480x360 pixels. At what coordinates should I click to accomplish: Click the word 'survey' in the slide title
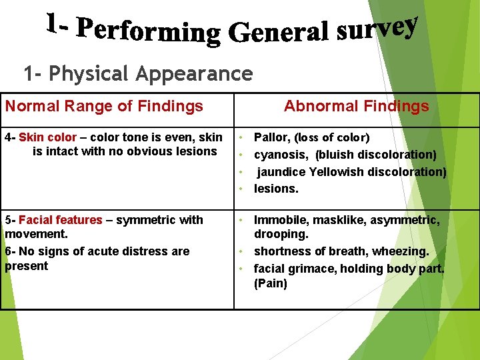point(377,29)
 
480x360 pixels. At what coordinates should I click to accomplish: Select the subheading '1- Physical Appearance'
point(138,73)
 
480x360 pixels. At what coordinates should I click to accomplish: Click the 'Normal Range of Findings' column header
point(104,106)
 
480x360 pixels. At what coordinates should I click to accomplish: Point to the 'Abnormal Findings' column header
point(356,106)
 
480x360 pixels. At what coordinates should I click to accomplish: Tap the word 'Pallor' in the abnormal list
point(271,137)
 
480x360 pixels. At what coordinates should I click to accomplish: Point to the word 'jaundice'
point(283,171)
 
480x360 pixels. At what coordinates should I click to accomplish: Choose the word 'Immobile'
point(280,220)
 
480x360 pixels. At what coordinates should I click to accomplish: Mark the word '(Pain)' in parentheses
point(271,283)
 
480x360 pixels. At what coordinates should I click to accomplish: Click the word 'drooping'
point(281,235)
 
